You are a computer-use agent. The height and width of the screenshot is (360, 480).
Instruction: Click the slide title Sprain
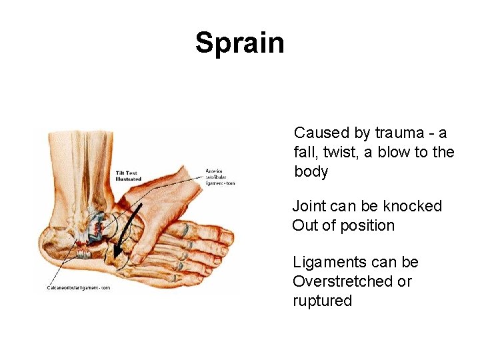pos(239,43)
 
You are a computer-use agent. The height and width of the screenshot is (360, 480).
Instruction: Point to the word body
pos(311,172)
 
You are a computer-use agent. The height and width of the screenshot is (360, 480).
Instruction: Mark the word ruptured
pos(322,301)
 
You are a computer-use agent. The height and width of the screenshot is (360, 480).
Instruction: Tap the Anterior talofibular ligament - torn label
pos(219,175)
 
